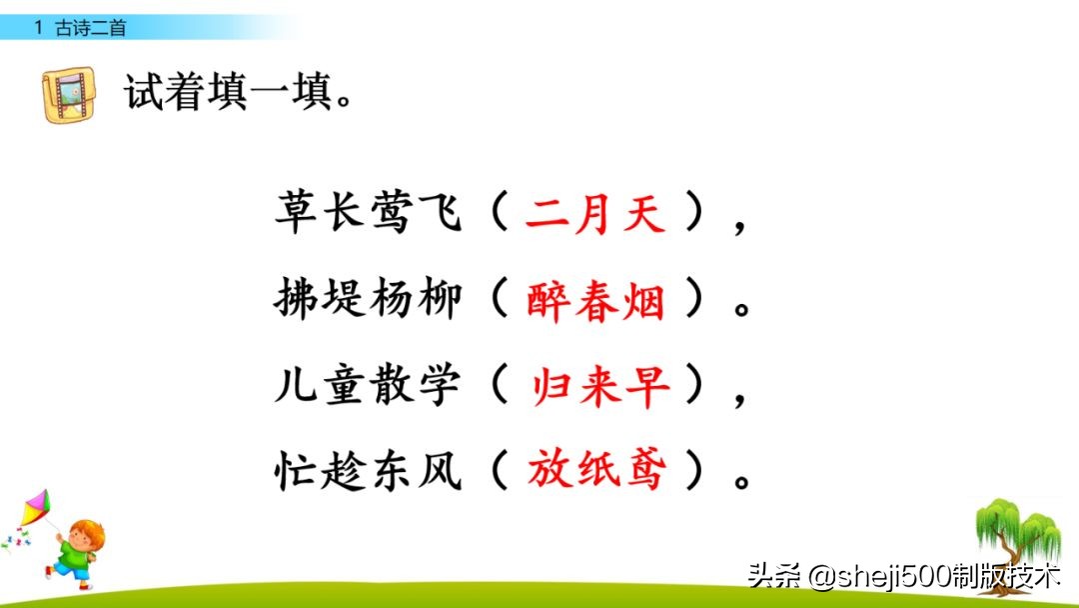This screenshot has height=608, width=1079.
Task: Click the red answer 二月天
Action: (595, 214)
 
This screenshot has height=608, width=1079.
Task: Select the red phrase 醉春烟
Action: (595, 300)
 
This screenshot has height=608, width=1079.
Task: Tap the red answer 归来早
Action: (599, 386)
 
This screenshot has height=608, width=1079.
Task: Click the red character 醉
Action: (548, 300)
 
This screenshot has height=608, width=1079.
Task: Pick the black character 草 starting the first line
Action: (298, 214)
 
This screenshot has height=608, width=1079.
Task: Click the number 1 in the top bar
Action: (38, 29)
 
